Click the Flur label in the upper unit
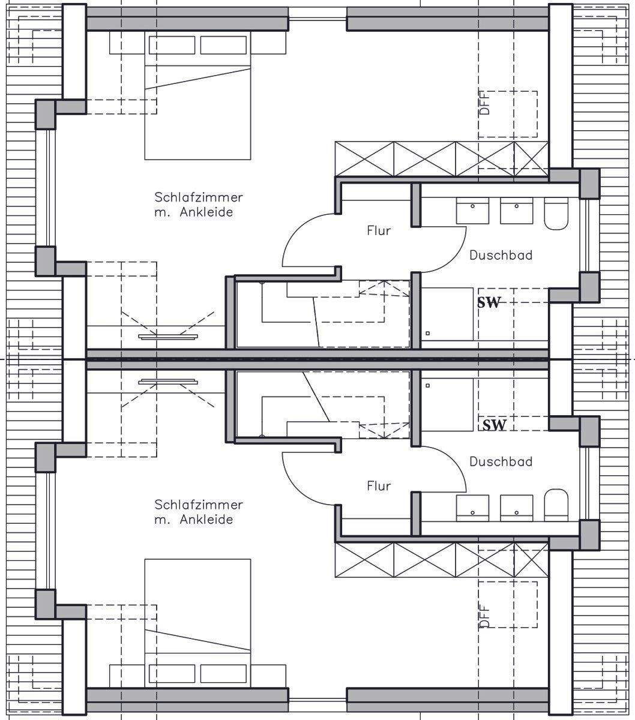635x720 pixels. [379, 231]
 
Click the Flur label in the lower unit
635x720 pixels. [379, 486]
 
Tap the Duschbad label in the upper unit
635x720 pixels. [501, 255]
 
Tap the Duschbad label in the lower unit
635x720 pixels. [501, 461]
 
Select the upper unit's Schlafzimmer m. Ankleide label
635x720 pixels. [199, 205]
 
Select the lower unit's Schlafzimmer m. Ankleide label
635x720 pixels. [199, 512]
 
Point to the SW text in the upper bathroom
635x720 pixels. [488, 302]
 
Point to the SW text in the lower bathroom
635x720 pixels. [494, 425]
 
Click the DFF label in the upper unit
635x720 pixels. [484, 103]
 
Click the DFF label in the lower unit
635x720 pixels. [484, 617]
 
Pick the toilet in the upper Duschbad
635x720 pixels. [556, 213]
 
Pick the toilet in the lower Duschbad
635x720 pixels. [556, 505]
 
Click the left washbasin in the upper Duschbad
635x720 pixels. [472, 211]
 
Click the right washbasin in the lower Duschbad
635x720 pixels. [516, 508]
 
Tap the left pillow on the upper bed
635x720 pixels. [172, 45]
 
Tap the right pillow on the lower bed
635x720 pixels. [223, 673]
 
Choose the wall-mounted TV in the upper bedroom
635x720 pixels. [168, 336]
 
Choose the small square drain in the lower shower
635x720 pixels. [428, 385]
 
